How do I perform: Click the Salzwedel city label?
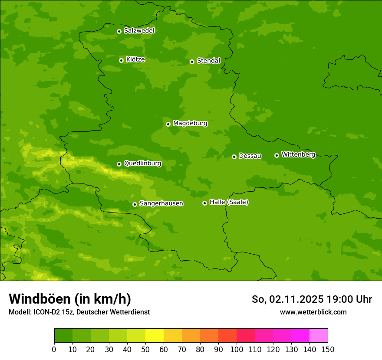click(139, 31)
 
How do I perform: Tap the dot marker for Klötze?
click(121, 60)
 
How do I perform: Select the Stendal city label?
click(208, 61)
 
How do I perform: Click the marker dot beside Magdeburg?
click(168, 124)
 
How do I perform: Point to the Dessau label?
click(250, 156)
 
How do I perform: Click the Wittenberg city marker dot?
click(277, 155)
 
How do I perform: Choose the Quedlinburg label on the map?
click(142, 164)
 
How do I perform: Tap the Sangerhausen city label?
click(161, 203)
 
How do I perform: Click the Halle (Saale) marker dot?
click(204, 203)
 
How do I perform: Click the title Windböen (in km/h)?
click(70, 299)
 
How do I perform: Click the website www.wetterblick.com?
click(313, 312)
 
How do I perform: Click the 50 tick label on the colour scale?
click(145, 349)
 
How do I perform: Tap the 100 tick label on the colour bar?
click(237, 349)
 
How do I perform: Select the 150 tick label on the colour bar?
click(328, 349)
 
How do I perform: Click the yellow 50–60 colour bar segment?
click(155, 336)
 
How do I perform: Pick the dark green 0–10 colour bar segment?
click(63, 336)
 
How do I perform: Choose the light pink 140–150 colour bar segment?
click(319, 336)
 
